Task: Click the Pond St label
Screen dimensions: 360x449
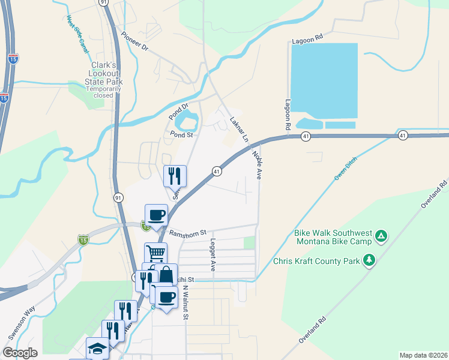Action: point(181,135)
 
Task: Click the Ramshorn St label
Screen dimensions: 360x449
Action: point(187,232)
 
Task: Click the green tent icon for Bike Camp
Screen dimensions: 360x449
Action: point(381,236)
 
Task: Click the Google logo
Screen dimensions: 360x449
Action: point(20,353)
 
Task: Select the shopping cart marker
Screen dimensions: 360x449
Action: point(155,253)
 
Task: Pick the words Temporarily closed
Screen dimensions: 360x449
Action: point(103,92)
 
